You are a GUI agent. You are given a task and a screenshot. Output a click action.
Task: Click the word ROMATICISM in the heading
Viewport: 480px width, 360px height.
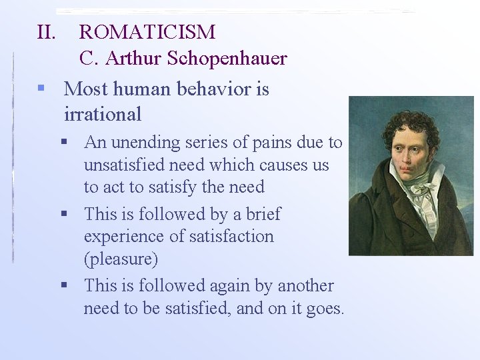coord(147,32)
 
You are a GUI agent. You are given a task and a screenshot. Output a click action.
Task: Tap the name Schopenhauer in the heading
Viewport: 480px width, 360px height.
coord(227,59)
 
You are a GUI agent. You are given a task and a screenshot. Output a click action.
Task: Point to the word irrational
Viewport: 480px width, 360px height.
coord(103,114)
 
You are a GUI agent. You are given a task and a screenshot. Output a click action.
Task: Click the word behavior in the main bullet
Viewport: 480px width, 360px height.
coord(211,89)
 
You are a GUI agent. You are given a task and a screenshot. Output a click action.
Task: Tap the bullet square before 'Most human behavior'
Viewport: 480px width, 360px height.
coord(41,89)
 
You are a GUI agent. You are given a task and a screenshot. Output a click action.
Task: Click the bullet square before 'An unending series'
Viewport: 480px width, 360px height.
coord(65,142)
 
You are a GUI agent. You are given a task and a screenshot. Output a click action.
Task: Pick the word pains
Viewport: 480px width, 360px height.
coord(273,143)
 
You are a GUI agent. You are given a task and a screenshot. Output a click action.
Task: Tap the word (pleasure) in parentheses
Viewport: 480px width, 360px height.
coord(121,259)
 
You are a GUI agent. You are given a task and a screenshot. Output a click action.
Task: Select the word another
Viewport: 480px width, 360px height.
coord(306,285)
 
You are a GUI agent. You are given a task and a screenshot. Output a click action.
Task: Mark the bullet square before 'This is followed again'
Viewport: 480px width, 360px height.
coord(65,285)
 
